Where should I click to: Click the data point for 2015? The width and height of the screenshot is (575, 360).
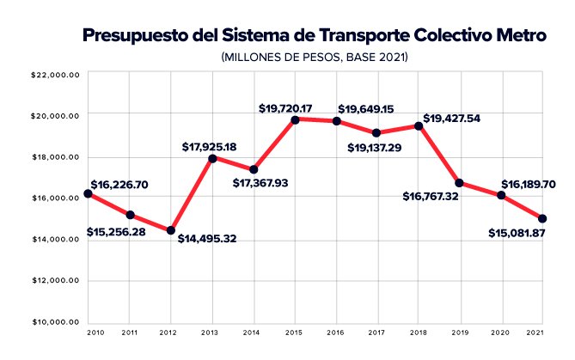coord(295,119)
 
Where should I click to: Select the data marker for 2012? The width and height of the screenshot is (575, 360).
coord(170,230)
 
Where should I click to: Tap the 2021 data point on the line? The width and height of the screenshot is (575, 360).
coord(542,218)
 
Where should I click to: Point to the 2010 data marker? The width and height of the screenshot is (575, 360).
coord(88,193)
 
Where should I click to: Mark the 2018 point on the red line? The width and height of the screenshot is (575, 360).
coord(419,125)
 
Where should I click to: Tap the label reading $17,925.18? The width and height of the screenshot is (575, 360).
coord(208,147)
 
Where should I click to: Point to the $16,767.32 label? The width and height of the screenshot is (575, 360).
coord(437,196)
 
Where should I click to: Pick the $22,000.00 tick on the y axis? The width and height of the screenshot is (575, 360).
coord(55,75)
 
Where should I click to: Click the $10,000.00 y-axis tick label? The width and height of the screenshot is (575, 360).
coord(55,322)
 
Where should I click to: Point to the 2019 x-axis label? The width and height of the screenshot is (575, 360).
coord(460,332)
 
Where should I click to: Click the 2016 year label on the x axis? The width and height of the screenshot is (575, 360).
coord(336,332)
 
